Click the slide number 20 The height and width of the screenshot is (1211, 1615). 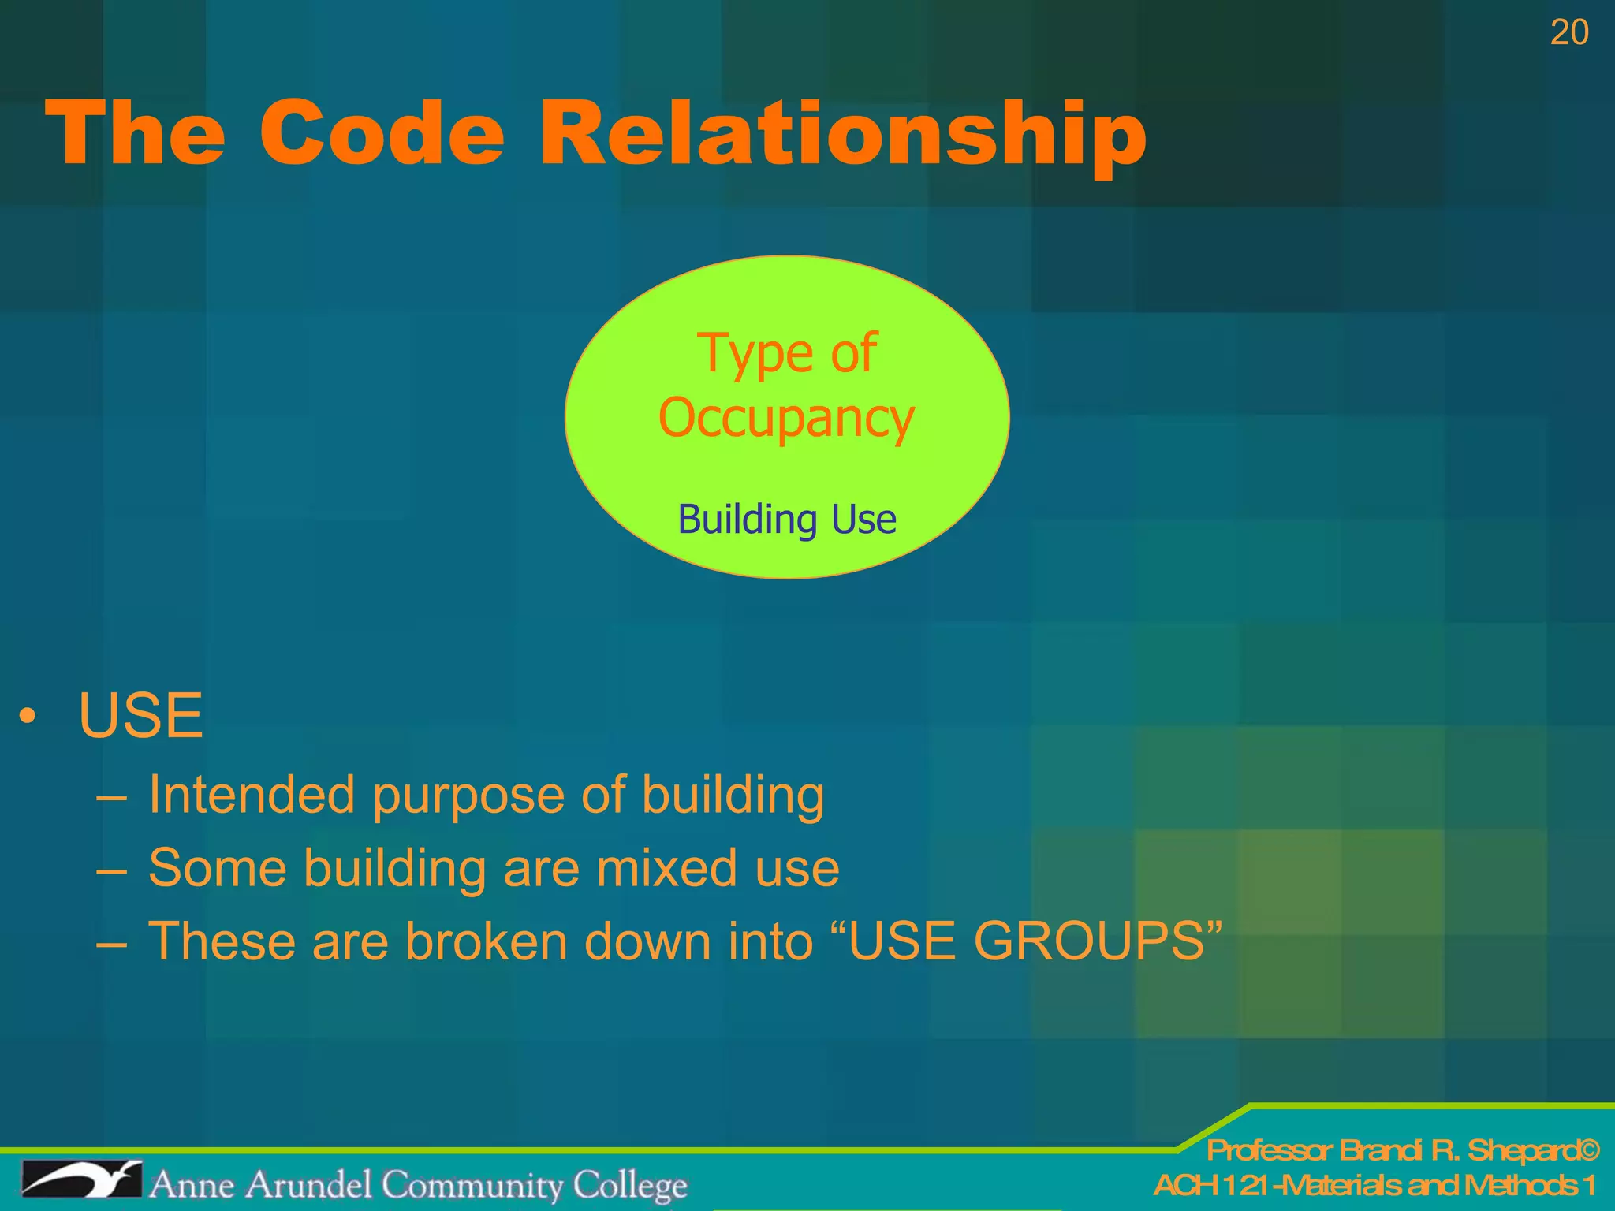click(1568, 33)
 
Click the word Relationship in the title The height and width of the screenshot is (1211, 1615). click(842, 134)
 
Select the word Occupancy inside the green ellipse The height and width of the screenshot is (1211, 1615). click(786, 419)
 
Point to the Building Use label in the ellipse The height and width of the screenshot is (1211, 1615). click(787, 520)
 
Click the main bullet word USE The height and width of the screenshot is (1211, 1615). click(141, 716)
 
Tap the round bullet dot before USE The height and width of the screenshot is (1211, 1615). click(28, 716)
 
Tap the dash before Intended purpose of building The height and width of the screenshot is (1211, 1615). click(110, 798)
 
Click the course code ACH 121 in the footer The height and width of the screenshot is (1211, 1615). click(1211, 1185)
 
